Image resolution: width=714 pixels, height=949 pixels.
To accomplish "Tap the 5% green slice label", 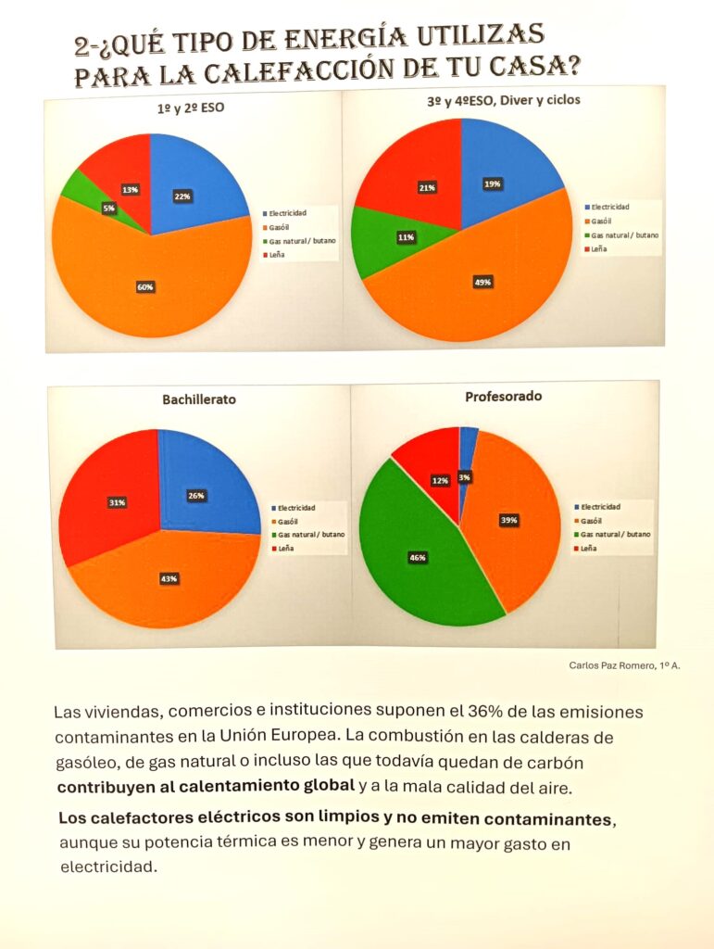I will pos(109,209).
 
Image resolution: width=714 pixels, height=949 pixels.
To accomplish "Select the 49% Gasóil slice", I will pos(482,278).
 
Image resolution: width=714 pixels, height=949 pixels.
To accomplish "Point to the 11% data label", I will pos(406,238).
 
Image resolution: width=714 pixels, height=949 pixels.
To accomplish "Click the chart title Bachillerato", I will pos(199,399).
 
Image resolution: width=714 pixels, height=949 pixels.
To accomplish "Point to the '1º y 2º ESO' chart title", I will pos(191,108).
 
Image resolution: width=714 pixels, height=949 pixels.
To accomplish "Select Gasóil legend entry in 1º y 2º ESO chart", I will pos(281,226).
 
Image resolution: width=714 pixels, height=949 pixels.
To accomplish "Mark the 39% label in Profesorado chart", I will pos(508,521).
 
